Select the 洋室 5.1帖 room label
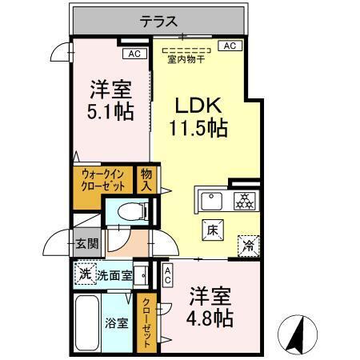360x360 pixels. (110, 100)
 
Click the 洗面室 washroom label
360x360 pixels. (114, 276)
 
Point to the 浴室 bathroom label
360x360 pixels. (116, 323)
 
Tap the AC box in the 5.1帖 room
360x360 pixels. (134, 54)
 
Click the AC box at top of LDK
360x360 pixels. (229, 46)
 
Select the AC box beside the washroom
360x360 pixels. (167, 276)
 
